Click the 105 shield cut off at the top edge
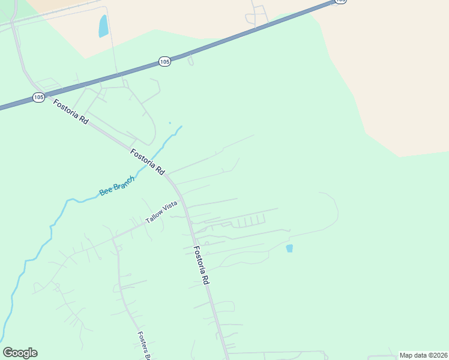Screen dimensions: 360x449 [340, 2]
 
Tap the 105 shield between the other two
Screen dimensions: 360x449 [165, 61]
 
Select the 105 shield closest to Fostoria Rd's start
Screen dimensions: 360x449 [39, 97]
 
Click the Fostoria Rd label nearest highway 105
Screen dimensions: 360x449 [71, 112]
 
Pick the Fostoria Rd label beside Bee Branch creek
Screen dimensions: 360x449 [148, 161]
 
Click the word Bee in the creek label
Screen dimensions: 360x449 [106, 191]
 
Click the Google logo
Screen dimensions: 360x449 [20, 353]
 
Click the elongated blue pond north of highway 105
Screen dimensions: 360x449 [104, 26]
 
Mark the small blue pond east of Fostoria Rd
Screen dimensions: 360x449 [289, 248]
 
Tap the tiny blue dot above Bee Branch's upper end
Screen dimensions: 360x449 [170, 123]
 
